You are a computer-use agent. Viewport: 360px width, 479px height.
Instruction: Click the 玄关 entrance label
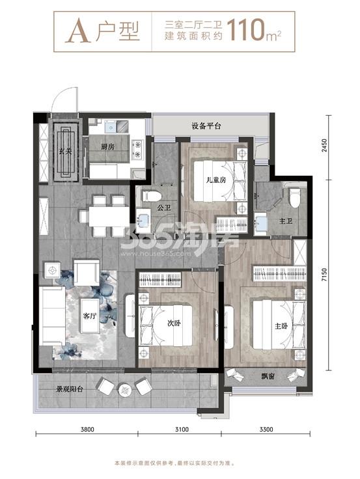pos(65,150)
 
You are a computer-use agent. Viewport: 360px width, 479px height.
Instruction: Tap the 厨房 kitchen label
pos(107,146)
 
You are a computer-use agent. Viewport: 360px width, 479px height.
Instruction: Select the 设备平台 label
pos(206,126)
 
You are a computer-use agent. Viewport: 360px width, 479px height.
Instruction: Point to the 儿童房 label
pos(216,180)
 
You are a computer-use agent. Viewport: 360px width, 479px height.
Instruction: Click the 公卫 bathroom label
pos(164,208)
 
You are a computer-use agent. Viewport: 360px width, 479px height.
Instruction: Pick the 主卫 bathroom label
pos(286,220)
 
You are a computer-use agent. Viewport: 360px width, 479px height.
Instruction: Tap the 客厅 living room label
pos(90,316)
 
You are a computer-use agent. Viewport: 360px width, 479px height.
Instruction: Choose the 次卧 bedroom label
pos(174,323)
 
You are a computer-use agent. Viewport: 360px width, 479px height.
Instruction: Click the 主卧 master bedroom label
pos(281,326)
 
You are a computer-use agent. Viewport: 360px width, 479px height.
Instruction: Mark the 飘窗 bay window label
pos(268,376)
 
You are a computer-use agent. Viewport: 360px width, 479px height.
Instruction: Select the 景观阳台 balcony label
pos(70,389)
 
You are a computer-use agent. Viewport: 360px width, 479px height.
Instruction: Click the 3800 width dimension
pos(87,430)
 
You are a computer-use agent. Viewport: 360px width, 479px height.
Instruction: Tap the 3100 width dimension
pos(182,430)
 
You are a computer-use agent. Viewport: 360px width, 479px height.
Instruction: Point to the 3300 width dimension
pos(266,430)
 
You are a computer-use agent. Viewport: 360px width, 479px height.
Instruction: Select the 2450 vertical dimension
pos(324,146)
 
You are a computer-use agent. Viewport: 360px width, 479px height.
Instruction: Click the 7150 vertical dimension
pos(324,275)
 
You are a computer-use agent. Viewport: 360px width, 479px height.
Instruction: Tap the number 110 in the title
pos(245,30)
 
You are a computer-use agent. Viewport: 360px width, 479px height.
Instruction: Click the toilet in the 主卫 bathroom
pos(295,198)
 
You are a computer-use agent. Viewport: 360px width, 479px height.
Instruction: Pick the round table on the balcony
pos(125,390)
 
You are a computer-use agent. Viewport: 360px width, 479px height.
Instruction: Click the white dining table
pos(109,216)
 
